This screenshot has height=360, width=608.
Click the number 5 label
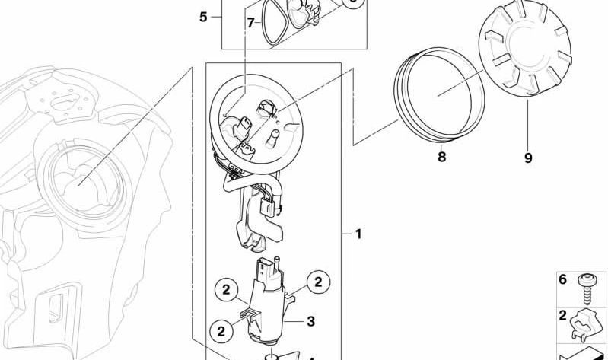pyautogui.click(x=203, y=17)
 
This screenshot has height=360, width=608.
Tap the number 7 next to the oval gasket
pyautogui.click(x=251, y=23)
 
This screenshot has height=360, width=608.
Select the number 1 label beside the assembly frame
pyautogui.click(x=358, y=234)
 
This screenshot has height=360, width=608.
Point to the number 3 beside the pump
pyautogui.click(x=310, y=321)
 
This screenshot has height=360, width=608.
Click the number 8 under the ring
pyautogui.click(x=441, y=157)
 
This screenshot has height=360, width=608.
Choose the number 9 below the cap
pyautogui.click(x=528, y=158)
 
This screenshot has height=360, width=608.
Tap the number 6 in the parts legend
pyautogui.click(x=562, y=279)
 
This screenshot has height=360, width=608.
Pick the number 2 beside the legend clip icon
pyautogui.click(x=562, y=315)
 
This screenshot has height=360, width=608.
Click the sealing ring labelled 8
pyautogui.click(x=439, y=94)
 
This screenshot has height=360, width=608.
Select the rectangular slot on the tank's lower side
pyautogui.click(x=56, y=308)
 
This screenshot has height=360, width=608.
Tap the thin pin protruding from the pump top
pyautogui.click(x=277, y=265)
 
